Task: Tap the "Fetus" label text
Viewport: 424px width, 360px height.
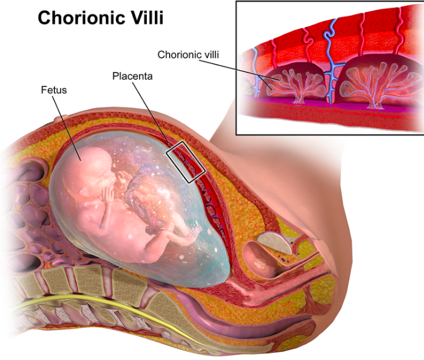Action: [53, 91]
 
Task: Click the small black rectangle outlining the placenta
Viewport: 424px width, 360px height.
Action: [187, 161]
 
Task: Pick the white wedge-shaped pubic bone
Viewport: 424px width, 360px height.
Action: [271, 238]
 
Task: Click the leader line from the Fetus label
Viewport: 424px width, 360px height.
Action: [68, 123]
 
